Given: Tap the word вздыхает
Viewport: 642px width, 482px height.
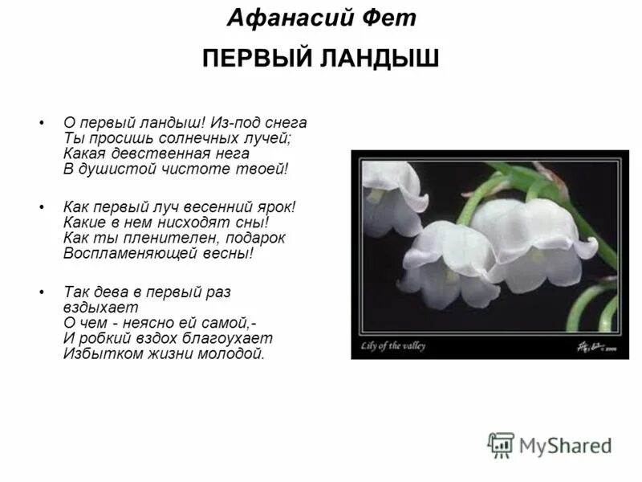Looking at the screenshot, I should pos(101,306).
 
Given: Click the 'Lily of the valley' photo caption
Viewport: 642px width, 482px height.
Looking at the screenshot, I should pos(394,346).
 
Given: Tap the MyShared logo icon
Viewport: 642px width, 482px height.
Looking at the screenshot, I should pos(502,444).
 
